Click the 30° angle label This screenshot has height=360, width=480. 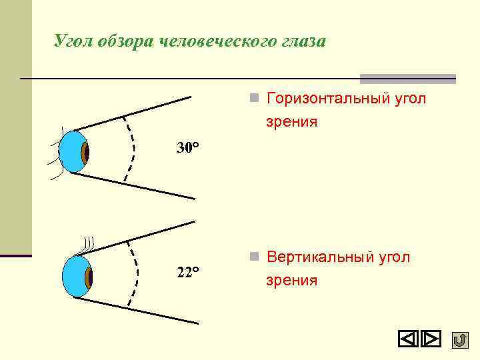(x=188, y=147)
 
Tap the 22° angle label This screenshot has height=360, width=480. (x=188, y=272)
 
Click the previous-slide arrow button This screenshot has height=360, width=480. (x=408, y=340)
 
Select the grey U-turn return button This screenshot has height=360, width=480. (x=459, y=340)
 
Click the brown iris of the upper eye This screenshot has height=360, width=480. (x=85, y=153)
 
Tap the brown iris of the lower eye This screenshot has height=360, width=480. (x=89, y=276)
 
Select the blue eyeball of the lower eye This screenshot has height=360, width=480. (x=74, y=277)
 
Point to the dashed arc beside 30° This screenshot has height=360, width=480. (x=133, y=149)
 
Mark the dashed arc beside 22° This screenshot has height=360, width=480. (x=137, y=274)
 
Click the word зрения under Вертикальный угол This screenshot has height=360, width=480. (x=291, y=281)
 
